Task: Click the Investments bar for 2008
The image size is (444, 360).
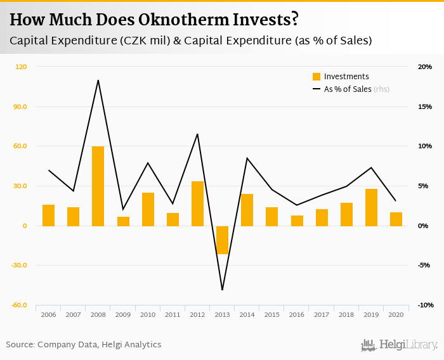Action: pyautogui.click(x=98, y=186)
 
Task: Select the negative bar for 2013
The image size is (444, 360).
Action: pyautogui.click(x=222, y=240)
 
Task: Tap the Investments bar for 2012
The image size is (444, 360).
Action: pyautogui.click(x=197, y=203)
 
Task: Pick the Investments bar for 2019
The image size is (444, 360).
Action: pyautogui.click(x=371, y=207)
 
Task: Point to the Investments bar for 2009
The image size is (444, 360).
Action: pyautogui.click(x=123, y=221)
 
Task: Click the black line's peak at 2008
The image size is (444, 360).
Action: pyautogui.click(x=98, y=80)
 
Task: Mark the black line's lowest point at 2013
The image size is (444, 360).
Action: pyautogui.click(x=223, y=290)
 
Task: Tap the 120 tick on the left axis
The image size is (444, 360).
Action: pyautogui.click(x=21, y=67)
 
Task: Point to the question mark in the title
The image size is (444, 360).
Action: pyautogui.click(x=294, y=20)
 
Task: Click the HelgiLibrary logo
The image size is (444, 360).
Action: pyautogui.click(x=399, y=345)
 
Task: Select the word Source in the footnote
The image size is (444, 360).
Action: pyautogui.click(x=20, y=345)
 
